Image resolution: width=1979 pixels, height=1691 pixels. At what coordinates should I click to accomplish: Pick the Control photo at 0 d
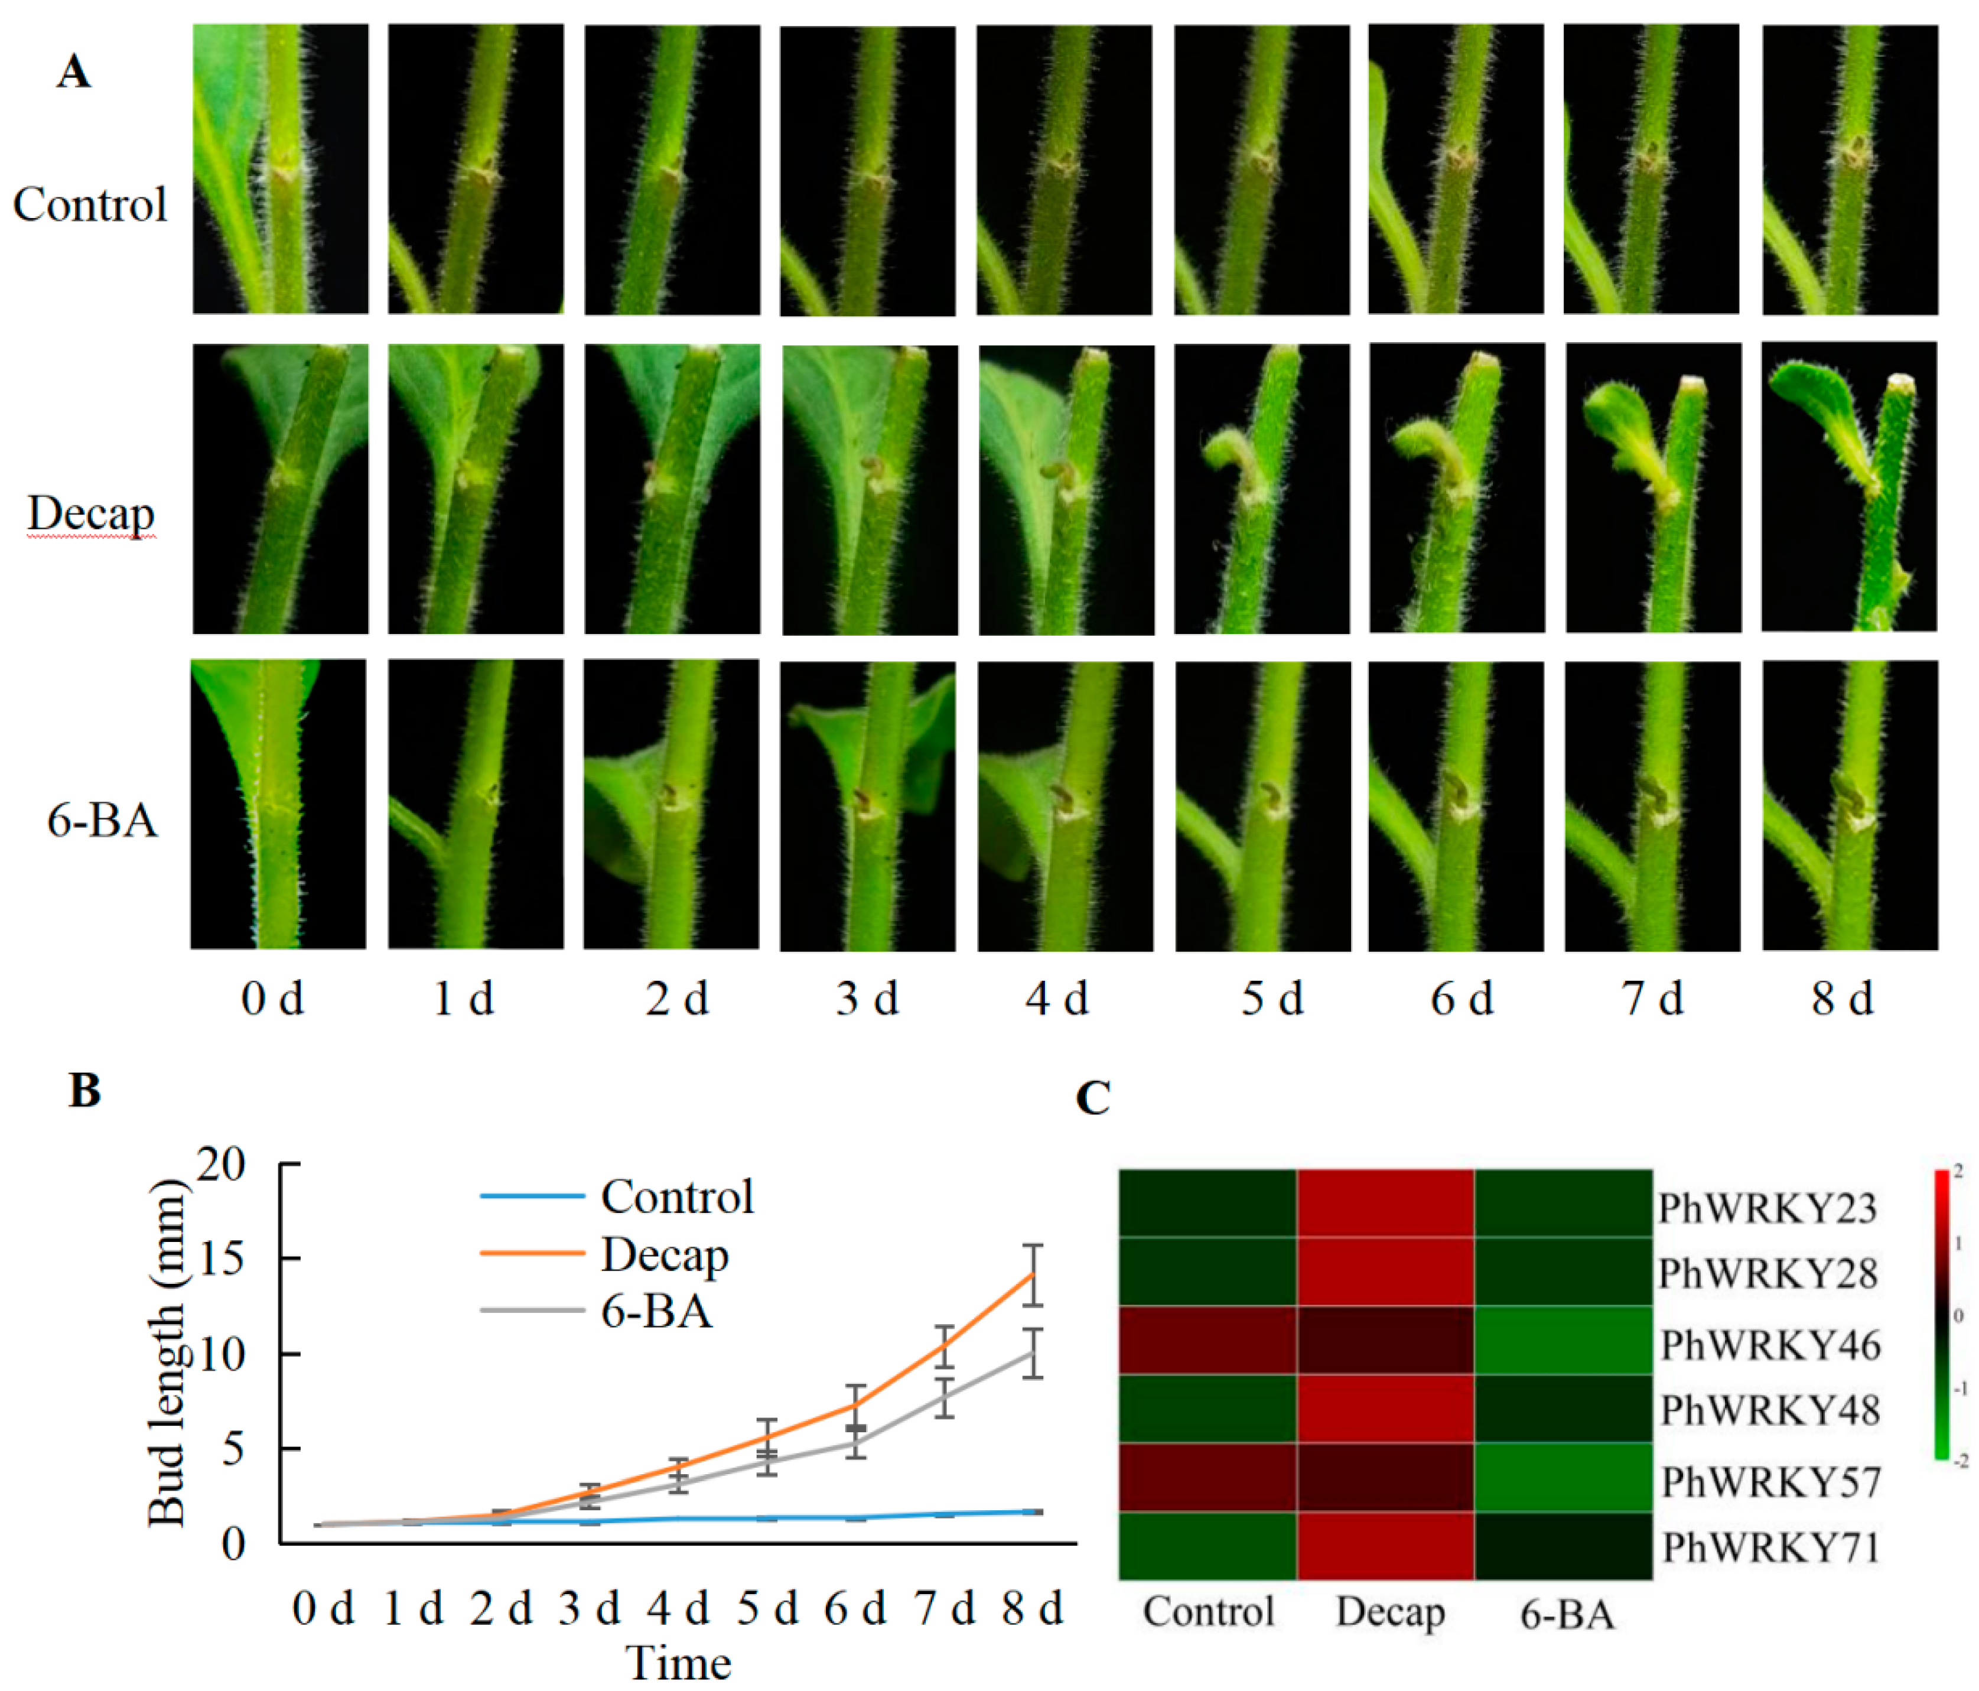[x=280, y=169]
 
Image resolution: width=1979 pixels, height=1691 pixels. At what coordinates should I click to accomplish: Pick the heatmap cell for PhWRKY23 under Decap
[x=1385, y=1203]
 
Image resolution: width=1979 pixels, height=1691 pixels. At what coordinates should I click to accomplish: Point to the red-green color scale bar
[x=1941, y=1313]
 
